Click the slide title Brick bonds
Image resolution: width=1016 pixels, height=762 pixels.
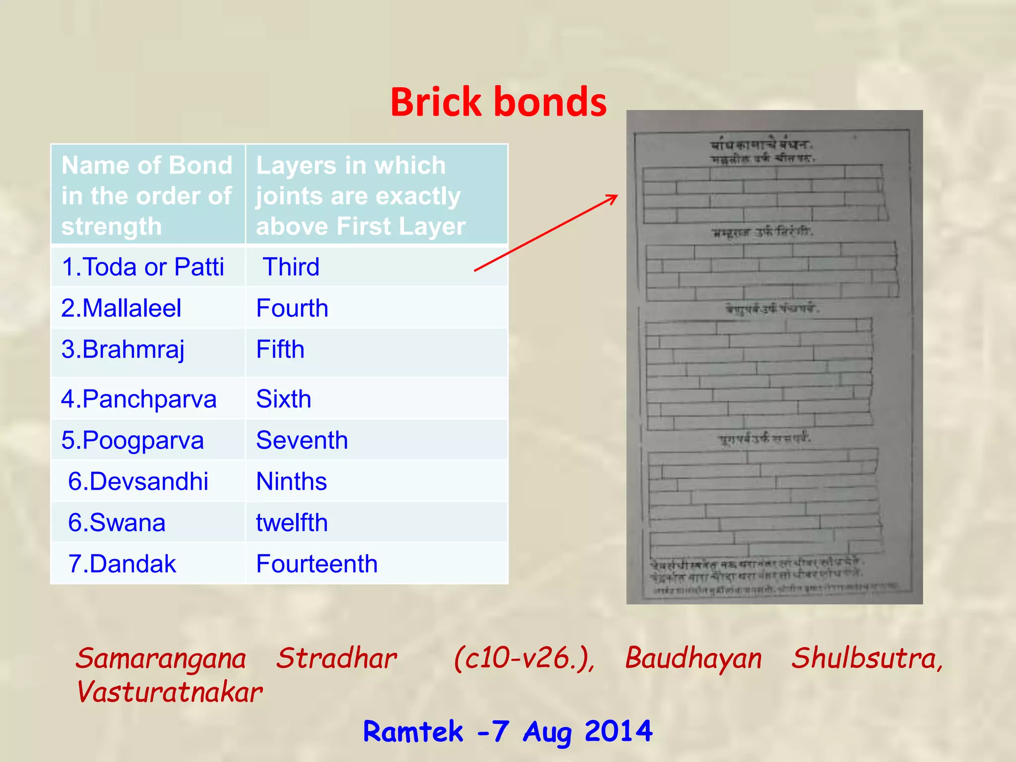point(498,102)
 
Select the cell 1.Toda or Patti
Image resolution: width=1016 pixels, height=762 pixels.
point(143,267)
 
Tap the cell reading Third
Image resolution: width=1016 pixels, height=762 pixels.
point(291,267)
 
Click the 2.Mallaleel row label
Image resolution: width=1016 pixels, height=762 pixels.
point(121,308)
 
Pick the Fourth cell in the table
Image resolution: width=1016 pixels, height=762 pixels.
point(292,308)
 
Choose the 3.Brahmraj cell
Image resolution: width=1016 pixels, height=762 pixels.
point(123,350)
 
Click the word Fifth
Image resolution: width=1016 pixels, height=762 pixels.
point(280,349)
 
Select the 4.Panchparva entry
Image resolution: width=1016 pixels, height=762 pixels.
point(139,399)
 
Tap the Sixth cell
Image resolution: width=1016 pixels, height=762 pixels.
point(284,399)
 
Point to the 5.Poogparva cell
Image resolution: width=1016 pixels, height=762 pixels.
point(132,441)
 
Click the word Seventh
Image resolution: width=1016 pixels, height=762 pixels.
point(302,441)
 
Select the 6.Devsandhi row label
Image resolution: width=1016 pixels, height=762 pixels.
point(138,482)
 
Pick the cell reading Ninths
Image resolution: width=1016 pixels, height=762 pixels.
point(292,482)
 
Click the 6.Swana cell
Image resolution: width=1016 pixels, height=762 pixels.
point(117,523)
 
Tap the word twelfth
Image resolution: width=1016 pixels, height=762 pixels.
point(292,523)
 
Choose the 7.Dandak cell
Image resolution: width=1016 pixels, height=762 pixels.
point(122,564)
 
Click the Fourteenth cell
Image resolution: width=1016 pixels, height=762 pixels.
point(317,564)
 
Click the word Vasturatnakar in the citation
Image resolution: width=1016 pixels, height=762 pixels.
point(170,692)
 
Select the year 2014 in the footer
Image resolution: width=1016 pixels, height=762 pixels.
point(618,731)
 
